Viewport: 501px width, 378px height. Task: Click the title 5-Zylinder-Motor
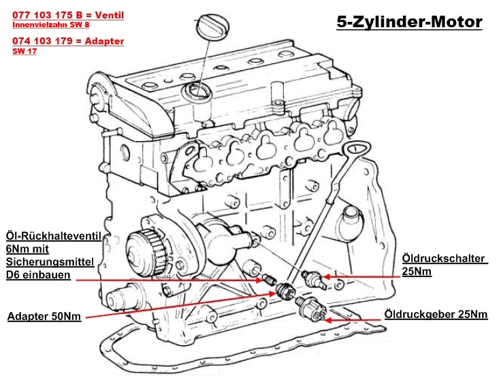tap(409, 22)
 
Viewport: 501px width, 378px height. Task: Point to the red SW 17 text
tap(25, 51)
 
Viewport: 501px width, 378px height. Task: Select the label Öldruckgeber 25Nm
tap(436, 314)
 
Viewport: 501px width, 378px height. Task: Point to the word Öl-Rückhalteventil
tap(53, 236)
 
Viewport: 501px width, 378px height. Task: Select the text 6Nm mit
tap(31, 249)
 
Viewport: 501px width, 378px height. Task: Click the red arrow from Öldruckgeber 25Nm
tap(354, 316)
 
